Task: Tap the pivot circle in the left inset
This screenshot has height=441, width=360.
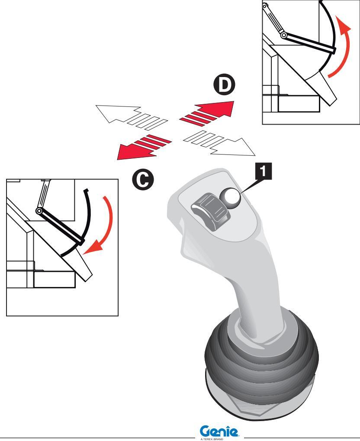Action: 39,211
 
